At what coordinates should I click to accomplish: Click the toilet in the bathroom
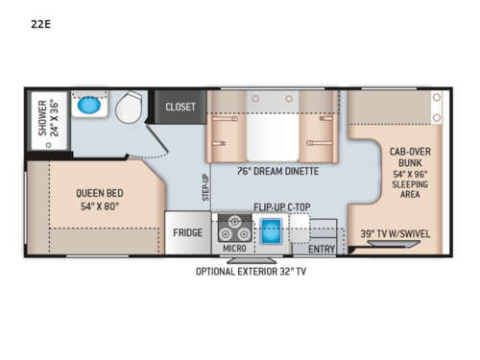click(x=131, y=108)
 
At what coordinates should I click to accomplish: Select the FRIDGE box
click(x=187, y=233)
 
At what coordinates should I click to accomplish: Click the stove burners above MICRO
click(x=233, y=229)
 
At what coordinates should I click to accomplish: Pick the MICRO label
click(x=234, y=250)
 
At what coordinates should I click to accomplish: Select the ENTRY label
click(x=322, y=250)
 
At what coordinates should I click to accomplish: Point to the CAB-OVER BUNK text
click(x=408, y=156)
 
